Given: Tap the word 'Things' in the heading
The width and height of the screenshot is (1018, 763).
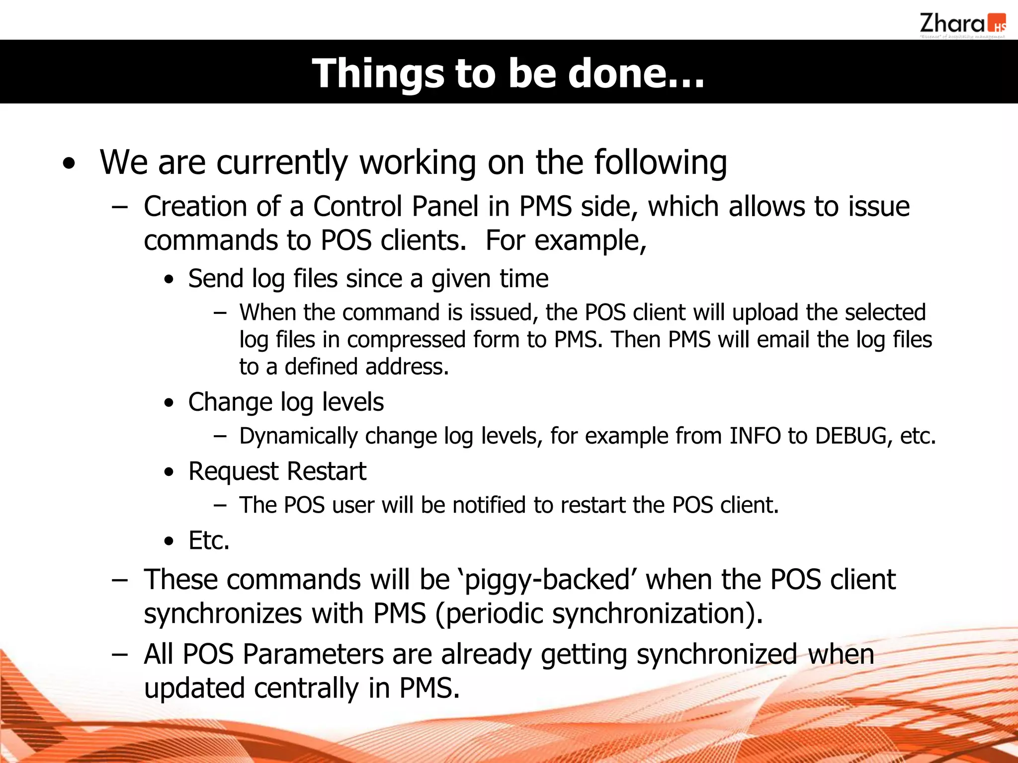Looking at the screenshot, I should (x=378, y=73).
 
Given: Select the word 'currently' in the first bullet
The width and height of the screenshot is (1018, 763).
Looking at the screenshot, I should (x=282, y=162).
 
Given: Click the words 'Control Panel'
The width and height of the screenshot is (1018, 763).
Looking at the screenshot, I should (x=396, y=206).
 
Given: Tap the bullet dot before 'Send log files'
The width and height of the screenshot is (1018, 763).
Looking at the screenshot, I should (x=170, y=280).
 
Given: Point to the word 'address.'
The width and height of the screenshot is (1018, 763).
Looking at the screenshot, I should (x=407, y=367).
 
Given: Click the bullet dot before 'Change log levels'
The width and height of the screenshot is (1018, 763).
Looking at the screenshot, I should (x=170, y=403).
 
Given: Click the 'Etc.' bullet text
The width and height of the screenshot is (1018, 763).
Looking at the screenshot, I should (x=209, y=540).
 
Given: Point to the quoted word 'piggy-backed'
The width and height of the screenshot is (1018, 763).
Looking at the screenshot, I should (x=547, y=580).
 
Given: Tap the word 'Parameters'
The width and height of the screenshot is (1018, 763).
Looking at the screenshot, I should (x=313, y=654).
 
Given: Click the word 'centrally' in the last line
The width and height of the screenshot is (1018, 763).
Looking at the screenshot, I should (x=306, y=688).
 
